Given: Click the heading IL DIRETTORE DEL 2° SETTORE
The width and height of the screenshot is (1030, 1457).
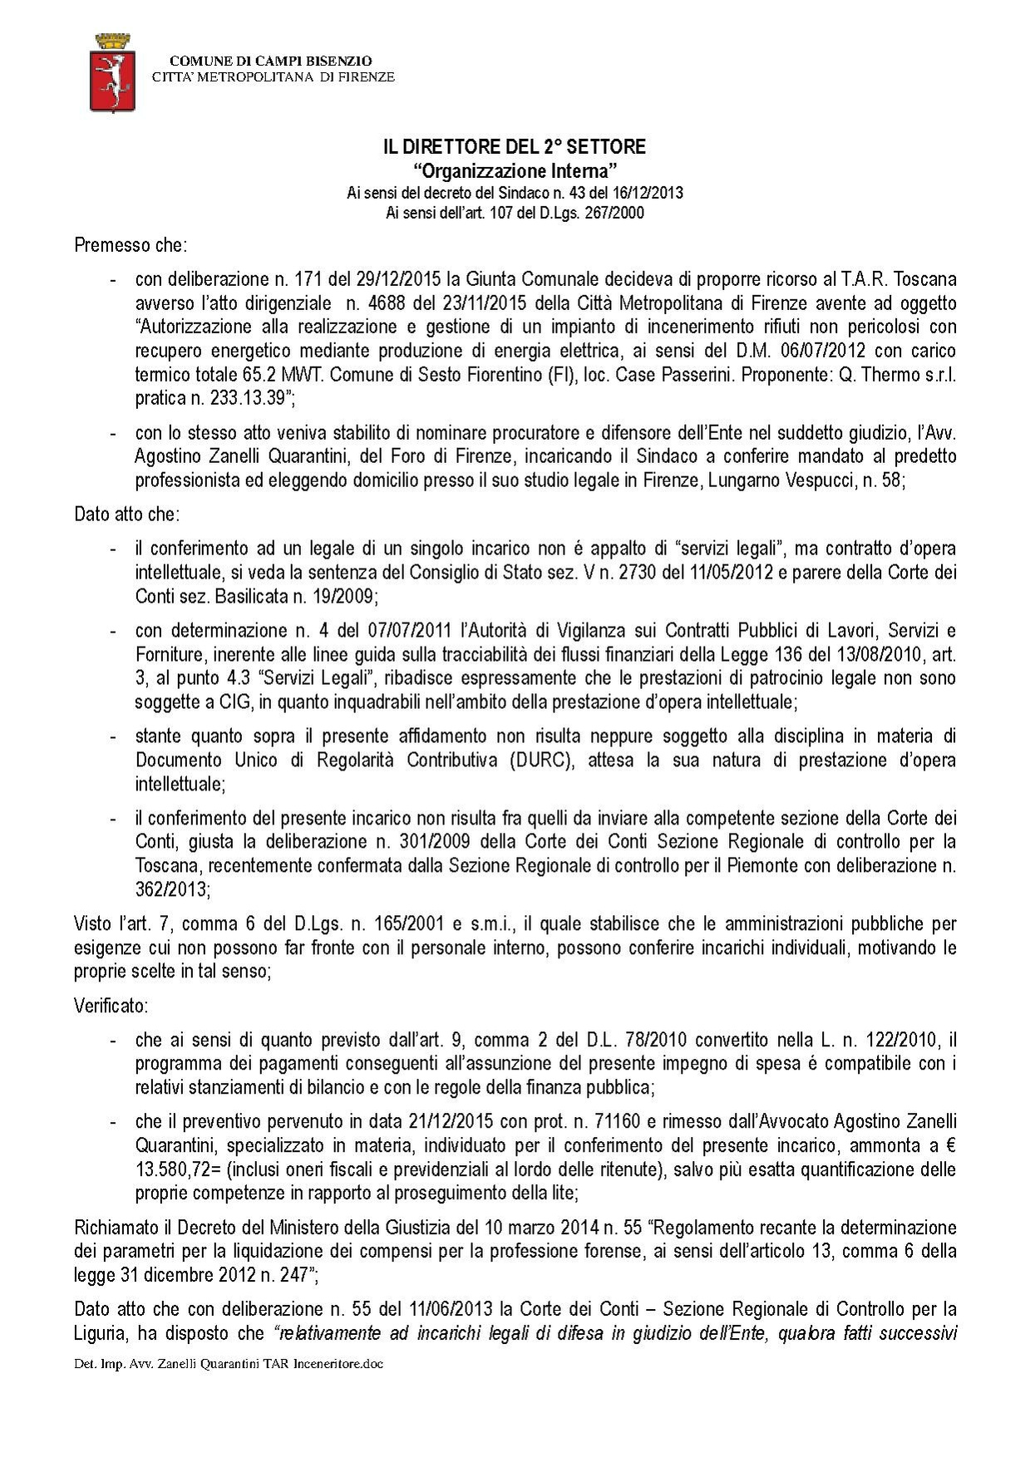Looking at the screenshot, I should pyautogui.click(x=514, y=147).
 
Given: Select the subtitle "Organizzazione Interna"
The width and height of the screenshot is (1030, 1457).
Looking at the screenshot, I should pyautogui.click(x=514, y=171).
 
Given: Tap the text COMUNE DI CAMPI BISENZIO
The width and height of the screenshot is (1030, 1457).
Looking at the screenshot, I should pyautogui.click(x=271, y=62).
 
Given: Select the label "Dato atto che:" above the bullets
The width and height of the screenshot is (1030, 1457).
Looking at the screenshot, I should pyautogui.click(x=126, y=514).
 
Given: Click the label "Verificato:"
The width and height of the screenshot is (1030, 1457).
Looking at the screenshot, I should pyautogui.click(x=111, y=1006).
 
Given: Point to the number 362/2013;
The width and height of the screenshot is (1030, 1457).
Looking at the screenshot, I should pyautogui.click(x=173, y=889).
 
